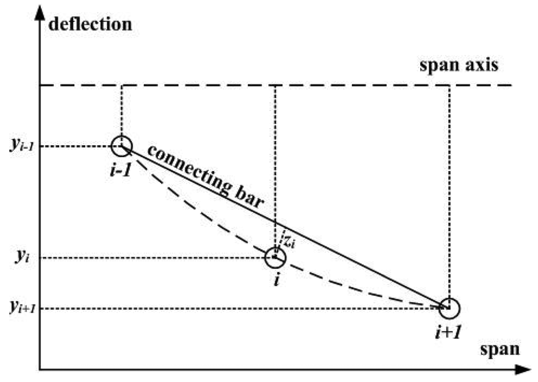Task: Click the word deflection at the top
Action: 89,24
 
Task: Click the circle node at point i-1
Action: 122,146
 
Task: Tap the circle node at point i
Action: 276,258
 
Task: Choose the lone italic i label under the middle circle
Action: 276,281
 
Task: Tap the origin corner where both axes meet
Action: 40,370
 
